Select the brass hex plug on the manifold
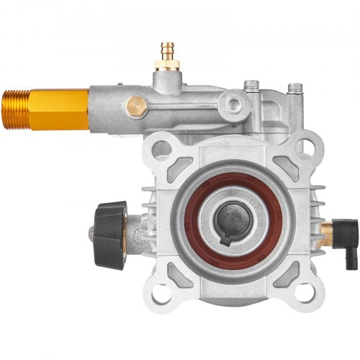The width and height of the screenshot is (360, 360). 136,106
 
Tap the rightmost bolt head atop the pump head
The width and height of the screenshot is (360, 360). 295,89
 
